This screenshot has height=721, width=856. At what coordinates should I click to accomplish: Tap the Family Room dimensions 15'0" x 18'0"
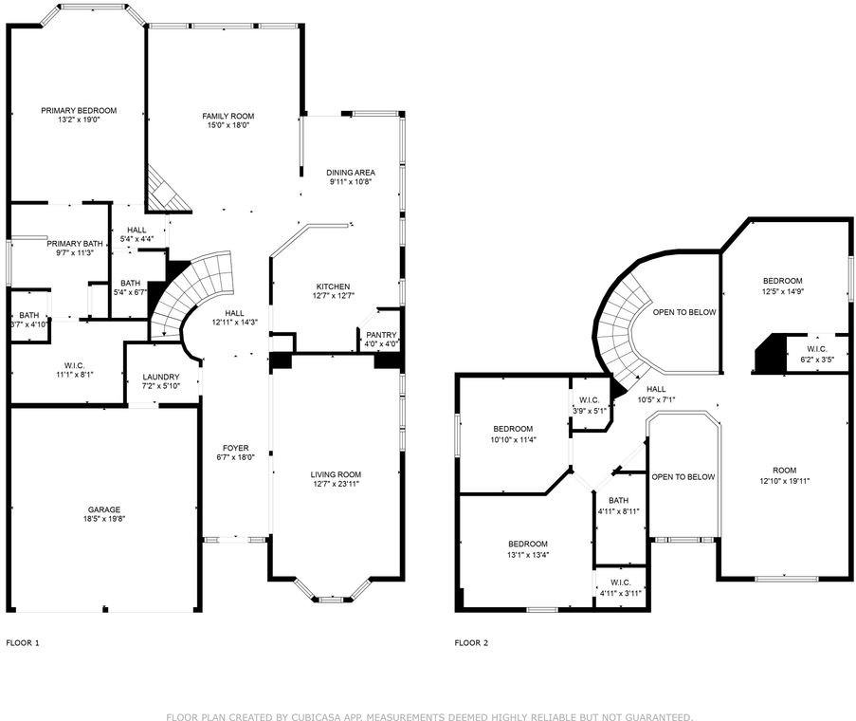228,126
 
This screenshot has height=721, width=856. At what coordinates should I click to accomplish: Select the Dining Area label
352,172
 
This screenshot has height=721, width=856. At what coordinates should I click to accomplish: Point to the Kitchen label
333,286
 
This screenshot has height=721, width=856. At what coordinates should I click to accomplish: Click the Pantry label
381,334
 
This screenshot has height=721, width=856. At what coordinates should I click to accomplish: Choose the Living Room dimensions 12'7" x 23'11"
336,484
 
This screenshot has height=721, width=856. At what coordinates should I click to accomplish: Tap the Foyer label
235,448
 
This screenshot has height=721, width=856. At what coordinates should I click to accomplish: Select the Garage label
104,509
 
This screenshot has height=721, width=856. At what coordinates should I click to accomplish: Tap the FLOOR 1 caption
23,642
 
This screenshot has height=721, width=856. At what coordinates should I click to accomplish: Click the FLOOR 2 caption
471,642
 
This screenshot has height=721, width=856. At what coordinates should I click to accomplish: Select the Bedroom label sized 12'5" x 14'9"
783,280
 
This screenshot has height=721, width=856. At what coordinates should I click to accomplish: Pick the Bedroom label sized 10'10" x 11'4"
512,429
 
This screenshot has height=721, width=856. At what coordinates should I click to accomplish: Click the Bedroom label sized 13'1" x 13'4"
527,544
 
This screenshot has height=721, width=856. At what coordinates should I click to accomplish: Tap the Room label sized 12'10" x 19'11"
784,471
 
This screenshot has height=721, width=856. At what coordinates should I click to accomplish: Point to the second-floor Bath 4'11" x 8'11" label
618,501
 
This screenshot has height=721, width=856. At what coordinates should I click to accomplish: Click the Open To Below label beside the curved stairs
683,312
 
